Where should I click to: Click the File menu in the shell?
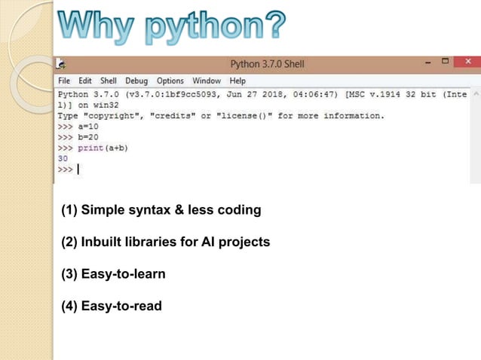(x=64, y=81)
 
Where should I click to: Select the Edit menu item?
(x=85, y=81)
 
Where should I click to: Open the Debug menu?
(x=136, y=81)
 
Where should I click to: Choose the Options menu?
(x=170, y=81)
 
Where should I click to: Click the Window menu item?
(x=207, y=81)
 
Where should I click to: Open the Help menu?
(x=237, y=81)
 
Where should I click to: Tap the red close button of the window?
(x=467, y=63)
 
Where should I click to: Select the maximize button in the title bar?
(x=445, y=63)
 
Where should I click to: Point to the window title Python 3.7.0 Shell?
(x=267, y=64)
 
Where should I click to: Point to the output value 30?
(x=63, y=159)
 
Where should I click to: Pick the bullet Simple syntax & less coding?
(x=161, y=210)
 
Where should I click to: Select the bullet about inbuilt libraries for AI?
(x=165, y=242)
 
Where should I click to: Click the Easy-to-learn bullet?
(x=113, y=274)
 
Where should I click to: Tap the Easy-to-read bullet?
(x=112, y=306)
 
